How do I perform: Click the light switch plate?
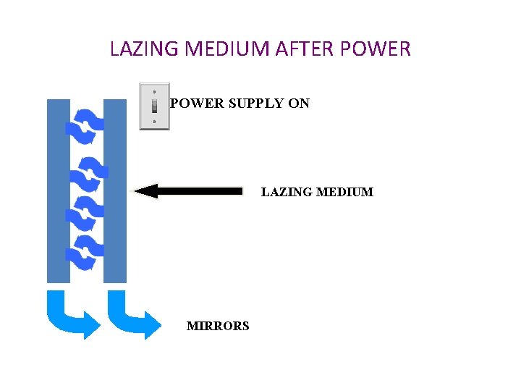[x=154, y=106]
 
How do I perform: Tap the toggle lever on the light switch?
[x=154, y=106]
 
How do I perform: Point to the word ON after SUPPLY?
[x=299, y=104]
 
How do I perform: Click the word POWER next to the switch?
[x=198, y=104]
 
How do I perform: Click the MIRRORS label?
[x=218, y=326]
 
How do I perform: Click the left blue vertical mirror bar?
[x=58, y=190]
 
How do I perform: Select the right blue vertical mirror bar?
[x=115, y=190]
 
